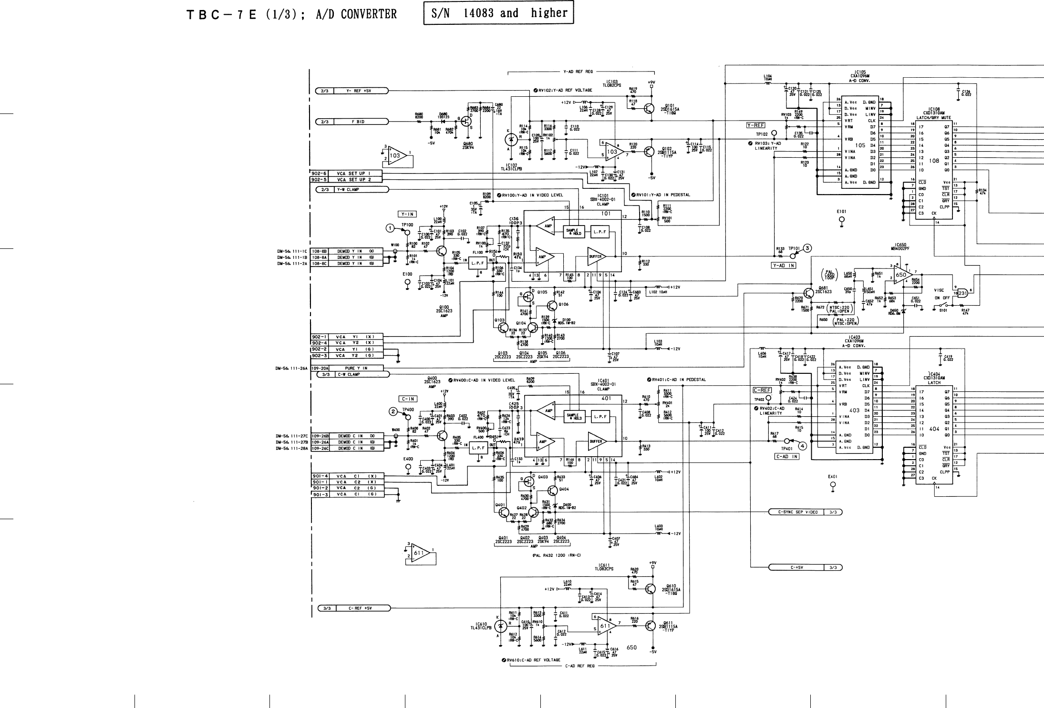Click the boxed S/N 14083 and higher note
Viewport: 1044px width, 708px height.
click(498, 13)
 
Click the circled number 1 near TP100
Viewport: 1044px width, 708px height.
click(390, 228)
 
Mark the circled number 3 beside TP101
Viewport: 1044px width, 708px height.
click(807, 248)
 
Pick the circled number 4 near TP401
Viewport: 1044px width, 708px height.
click(803, 446)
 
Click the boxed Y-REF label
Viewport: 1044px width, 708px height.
click(755, 125)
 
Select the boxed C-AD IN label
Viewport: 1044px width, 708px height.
click(786, 456)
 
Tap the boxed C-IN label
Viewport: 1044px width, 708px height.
click(408, 399)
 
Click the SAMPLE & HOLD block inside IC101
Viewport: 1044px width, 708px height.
click(574, 232)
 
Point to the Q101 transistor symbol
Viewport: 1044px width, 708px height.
click(649, 109)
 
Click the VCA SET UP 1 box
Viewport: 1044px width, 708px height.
click(353, 174)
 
